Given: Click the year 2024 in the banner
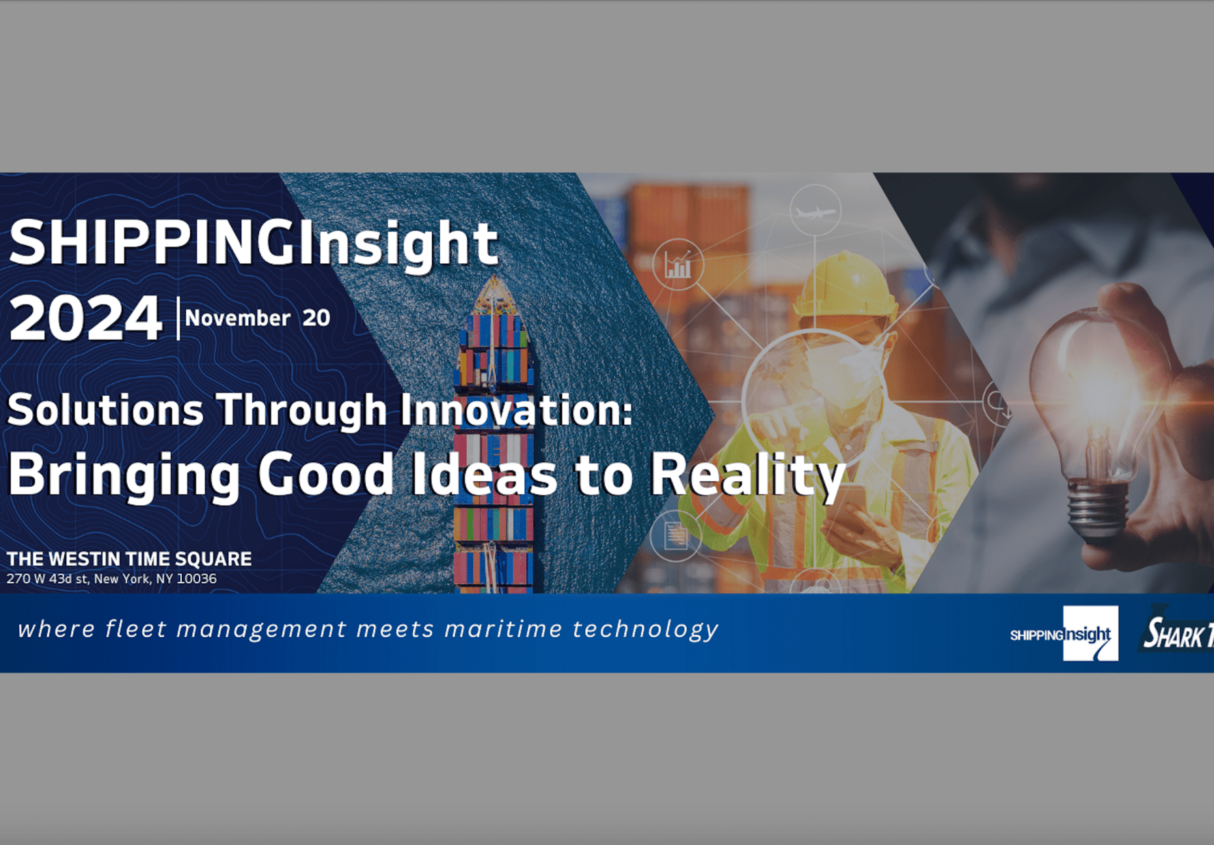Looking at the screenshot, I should (x=85, y=318).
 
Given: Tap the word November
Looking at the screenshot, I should (x=237, y=318).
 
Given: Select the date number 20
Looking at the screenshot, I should (x=316, y=318).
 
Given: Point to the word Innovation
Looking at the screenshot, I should (x=516, y=410).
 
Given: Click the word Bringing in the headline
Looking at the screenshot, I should (x=124, y=476).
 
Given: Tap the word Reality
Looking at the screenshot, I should (x=747, y=476).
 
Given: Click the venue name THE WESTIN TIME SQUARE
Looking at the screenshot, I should (x=129, y=559).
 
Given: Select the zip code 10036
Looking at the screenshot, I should (x=197, y=579).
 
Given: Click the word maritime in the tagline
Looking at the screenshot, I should (x=503, y=629).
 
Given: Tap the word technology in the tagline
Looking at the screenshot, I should (x=645, y=629).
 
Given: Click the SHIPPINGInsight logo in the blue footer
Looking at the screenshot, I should (x=1064, y=634).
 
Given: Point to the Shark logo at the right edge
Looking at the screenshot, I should (x=1177, y=633).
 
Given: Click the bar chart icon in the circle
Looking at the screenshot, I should (x=677, y=265).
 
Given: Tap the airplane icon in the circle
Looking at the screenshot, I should (x=815, y=211).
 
